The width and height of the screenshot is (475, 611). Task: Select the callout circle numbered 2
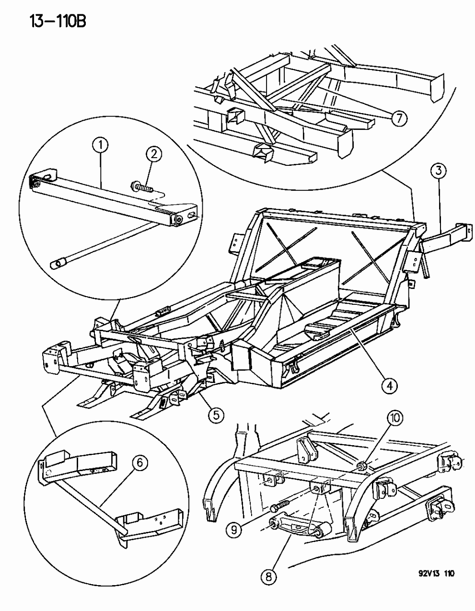tap(154, 155)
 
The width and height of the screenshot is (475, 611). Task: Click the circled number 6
tap(139, 463)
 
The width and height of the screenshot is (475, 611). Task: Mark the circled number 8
tap(268, 577)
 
